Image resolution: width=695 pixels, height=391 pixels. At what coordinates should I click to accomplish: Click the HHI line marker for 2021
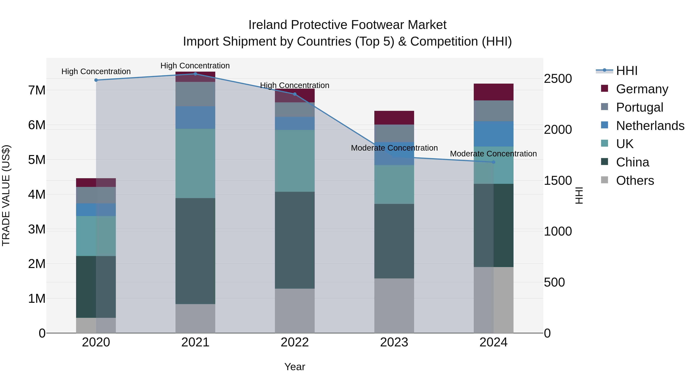(x=195, y=74)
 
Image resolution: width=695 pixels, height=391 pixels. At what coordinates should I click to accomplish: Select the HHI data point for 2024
(x=493, y=162)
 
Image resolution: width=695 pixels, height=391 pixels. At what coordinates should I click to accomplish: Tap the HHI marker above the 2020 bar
(x=96, y=80)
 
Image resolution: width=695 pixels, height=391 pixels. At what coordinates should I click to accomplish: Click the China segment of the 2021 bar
(x=195, y=251)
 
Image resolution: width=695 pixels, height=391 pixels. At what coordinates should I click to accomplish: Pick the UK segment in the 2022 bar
(x=295, y=161)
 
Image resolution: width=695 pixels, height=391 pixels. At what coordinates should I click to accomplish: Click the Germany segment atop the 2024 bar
(x=493, y=92)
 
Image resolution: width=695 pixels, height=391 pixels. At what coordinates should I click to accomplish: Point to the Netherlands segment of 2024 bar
(x=493, y=134)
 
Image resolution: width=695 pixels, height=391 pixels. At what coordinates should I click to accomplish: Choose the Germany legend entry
(x=642, y=89)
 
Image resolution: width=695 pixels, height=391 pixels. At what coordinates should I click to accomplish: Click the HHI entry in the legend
(x=626, y=71)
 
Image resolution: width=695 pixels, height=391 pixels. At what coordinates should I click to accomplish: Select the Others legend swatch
(x=605, y=180)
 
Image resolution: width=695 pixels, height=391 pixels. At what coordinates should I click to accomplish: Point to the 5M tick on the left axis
(x=37, y=160)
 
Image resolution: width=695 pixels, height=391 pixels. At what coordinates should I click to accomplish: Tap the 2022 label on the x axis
(x=295, y=342)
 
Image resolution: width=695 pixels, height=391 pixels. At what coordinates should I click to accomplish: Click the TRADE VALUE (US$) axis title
(x=6, y=195)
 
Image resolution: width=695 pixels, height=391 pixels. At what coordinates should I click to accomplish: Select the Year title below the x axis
(x=295, y=367)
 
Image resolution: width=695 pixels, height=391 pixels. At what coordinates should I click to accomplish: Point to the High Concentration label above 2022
(x=295, y=85)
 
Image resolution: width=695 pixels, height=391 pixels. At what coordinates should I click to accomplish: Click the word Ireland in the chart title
(x=268, y=25)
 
